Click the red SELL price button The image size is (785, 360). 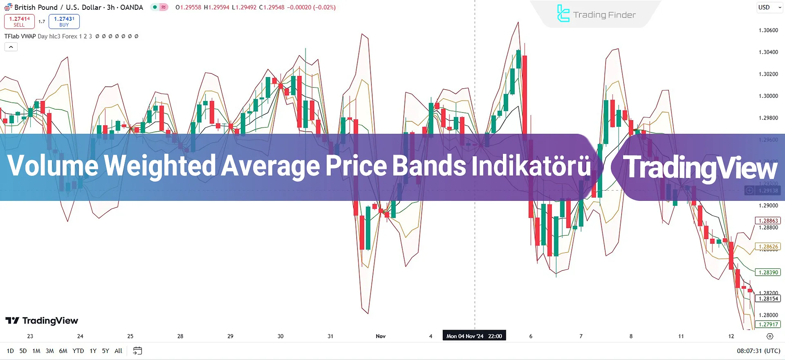(19, 21)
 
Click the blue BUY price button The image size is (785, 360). (64, 21)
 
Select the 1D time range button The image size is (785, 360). (10, 351)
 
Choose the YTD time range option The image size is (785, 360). (78, 351)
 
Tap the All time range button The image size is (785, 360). (118, 351)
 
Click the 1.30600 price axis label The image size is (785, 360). (768, 30)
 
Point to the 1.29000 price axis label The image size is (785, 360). (768, 205)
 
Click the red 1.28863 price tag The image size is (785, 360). (768, 220)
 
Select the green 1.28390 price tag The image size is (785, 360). (768, 272)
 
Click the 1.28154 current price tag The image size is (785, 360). (768, 299)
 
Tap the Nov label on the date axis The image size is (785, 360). (381, 336)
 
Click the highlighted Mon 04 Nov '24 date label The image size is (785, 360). (474, 336)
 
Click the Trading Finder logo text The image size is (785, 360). (604, 15)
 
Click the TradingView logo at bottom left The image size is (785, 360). (42, 321)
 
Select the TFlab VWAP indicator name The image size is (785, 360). (20, 36)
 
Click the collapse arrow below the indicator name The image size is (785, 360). (11, 47)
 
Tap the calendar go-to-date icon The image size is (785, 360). (137, 351)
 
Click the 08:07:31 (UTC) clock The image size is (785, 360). (758, 351)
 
